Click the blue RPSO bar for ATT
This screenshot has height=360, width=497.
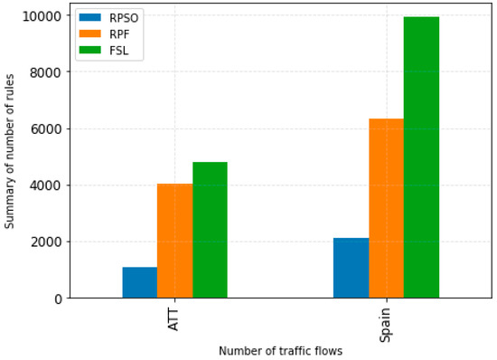tap(140, 282)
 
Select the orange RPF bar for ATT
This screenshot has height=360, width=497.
tap(174, 241)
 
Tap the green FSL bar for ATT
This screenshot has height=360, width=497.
tap(210, 230)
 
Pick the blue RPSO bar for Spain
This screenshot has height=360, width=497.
tap(351, 268)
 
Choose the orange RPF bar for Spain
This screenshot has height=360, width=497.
tap(386, 208)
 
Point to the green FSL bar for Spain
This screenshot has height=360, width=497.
tap(421, 157)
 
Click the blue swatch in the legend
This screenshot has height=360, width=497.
tap(89, 18)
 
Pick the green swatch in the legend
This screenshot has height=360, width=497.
tap(89, 51)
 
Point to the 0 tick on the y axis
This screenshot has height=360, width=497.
tap(56, 298)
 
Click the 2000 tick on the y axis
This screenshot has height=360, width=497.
tap(45, 242)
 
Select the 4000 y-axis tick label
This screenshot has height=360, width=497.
tap(45, 185)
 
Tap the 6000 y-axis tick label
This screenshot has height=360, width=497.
tap(45, 128)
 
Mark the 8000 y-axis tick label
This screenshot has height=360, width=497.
tap(45, 72)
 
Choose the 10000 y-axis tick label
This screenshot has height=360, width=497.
tap(42, 16)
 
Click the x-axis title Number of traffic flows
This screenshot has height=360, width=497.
tap(280, 350)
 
